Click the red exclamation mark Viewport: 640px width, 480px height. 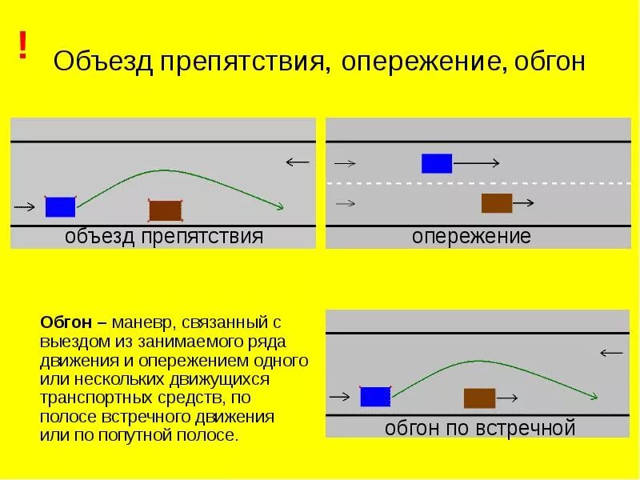[x=23, y=46]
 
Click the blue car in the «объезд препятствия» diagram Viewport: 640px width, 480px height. [x=60, y=206]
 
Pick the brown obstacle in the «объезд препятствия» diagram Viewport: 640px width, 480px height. [x=166, y=210]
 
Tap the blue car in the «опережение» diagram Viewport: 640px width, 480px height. [x=437, y=163]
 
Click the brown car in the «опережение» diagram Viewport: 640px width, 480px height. [x=496, y=203]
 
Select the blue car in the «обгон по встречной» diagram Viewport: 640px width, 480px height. [x=374, y=396]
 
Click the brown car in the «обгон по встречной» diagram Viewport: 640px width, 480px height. [x=479, y=398]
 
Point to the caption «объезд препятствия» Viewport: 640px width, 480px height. [x=164, y=236]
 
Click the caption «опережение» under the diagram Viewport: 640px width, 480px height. [x=471, y=236]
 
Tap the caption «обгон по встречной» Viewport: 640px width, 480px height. [x=480, y=428]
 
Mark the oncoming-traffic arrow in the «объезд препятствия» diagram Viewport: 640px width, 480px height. [x=297, y=162]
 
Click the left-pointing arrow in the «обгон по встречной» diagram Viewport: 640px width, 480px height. [x=611, y=352]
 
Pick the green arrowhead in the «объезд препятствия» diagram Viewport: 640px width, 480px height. [x=280, y=208]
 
